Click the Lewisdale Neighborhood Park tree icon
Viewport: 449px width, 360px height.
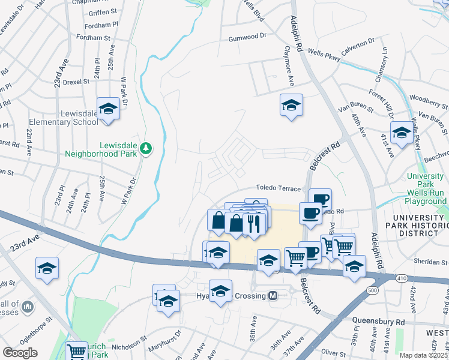(x=145, y=148)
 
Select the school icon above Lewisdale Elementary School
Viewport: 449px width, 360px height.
(x=108, y=109)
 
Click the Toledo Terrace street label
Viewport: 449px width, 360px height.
(x=278, y=188)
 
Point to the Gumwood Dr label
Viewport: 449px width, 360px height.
(x=247, y=37)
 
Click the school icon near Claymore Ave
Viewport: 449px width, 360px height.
(x=291, y=105)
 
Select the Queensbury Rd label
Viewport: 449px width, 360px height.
(x=378, y=322)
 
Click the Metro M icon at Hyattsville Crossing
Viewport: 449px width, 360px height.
(x=273, y=296)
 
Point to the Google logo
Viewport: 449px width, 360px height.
(x=20, y=352)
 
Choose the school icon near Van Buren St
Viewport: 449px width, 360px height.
(x=401, y=133)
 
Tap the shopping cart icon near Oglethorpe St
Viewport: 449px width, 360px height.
(x=76, y=351)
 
